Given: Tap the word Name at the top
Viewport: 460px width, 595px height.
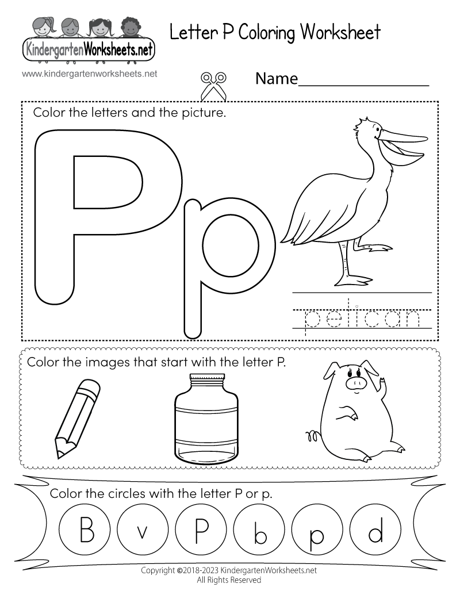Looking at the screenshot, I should coord(276,79).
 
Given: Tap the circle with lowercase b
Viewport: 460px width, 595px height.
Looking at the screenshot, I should coord(259,531).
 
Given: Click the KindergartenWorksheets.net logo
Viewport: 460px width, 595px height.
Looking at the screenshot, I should coord(89,40).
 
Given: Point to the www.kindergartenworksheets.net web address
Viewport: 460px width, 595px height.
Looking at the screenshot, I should coord(90,74).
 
